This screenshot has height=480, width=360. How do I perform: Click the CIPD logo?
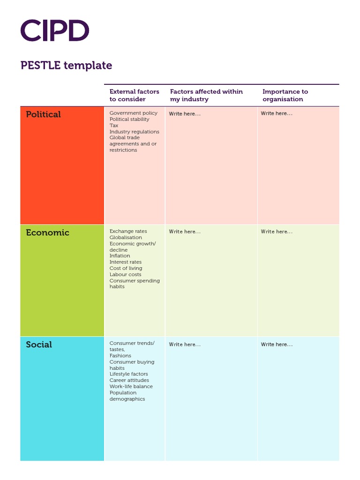55,30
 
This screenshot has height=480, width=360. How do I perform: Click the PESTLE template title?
66,65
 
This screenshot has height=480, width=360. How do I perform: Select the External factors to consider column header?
134,95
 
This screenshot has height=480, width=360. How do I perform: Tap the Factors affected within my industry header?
206,95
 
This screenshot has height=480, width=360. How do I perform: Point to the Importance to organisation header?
285,95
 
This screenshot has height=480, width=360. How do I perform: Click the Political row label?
43,114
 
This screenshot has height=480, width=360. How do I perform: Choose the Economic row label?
47,232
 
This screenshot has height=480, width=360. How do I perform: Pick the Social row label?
39,345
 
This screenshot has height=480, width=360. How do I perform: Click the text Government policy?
134,113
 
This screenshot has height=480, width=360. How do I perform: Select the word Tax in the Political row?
114,126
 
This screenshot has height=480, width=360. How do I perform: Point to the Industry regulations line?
134,132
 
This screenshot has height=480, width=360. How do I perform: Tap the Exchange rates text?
128,231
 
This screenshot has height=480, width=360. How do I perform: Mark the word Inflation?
120,256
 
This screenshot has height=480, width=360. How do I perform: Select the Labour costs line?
125,275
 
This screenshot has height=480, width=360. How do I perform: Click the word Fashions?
120,356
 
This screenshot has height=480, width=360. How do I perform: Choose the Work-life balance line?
131,387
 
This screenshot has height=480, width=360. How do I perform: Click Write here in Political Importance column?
277,113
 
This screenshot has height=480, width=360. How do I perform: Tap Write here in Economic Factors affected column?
185,232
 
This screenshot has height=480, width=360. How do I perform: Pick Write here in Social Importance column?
277,345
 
